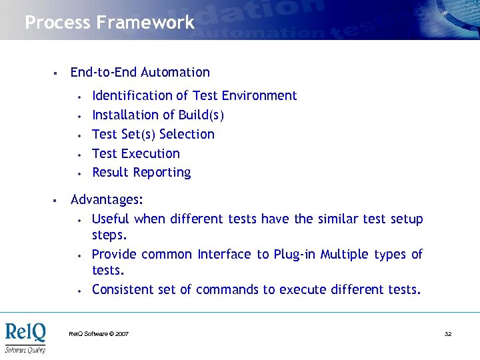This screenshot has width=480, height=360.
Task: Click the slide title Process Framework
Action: [x=109, y=23]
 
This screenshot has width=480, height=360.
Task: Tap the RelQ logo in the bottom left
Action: [x=26, y=337]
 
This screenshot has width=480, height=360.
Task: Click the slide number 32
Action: [x=448, y=333]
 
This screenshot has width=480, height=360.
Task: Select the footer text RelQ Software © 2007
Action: [x=99, y=333]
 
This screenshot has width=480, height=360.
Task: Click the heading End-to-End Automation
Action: [x=140, y=73]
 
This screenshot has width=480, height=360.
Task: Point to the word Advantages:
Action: [x=107, y=200]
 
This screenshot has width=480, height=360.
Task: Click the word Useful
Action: [x=111, y=219]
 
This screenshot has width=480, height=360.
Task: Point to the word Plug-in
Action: [x=295, y=255]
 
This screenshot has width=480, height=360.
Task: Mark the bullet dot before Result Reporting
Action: [x=79, y=173]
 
